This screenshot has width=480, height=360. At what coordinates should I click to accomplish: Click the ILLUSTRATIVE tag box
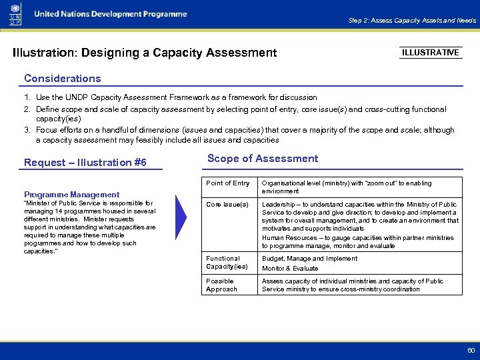pyautogui.click(x=431, y=53)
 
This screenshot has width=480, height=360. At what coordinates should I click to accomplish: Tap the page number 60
pyautogui.click(x=471, y=350)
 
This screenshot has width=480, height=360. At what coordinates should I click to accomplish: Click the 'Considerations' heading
pyautogui.click(x=62, y=79)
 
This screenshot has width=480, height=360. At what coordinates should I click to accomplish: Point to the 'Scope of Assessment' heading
pyautogui.click(x=263, y=159)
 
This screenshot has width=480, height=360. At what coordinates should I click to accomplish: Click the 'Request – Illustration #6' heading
pyautogui.click(x=85, y=163)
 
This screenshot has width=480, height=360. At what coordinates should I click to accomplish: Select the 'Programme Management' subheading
pyautogui.click(x=71, y=195)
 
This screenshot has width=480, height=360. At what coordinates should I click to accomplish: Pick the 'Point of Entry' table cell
pyautogui.click(x=228, y=183)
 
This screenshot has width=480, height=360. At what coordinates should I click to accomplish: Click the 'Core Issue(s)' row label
pyautogui.click(x=227, y=205)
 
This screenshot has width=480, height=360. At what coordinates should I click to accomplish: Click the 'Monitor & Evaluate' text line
pyautogui.click(x=290, y=269)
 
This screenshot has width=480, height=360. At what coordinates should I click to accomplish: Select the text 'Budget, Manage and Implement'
pyautogui.click(x=309, y=259)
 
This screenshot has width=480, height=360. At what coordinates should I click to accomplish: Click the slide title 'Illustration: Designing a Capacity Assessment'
pyautogui.click(x=145, y=53)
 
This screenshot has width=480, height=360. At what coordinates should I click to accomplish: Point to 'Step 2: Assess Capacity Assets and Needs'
pyautogui.click(x=412, y=21)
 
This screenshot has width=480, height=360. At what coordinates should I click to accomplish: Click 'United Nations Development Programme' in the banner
pyautogui.click(x=111, y=14)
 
